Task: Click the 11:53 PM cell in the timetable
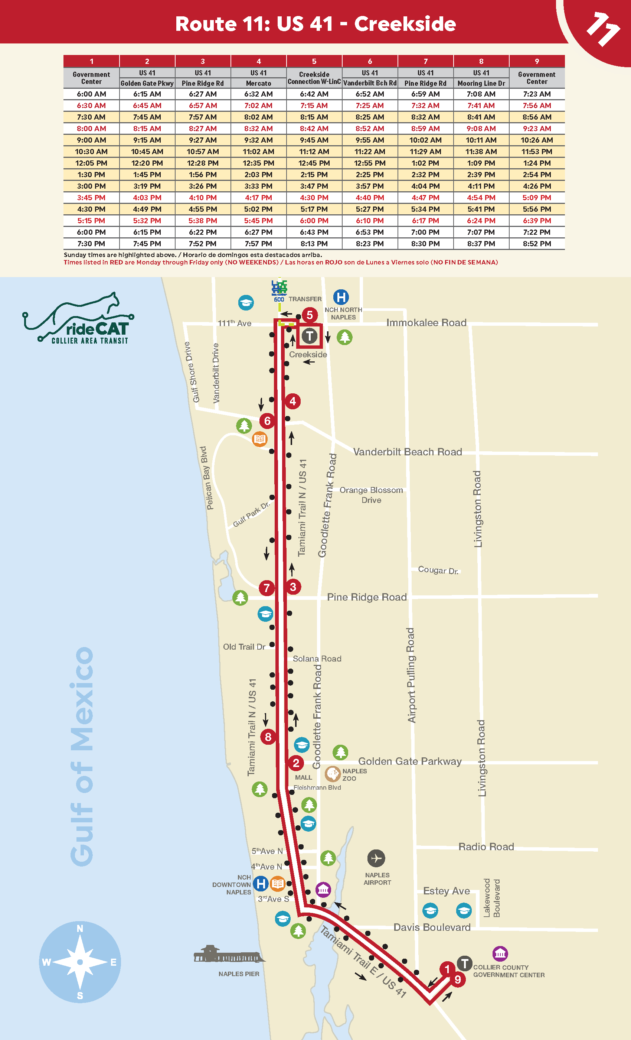(x=536, y=152)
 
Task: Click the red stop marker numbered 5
(x=310, y=315)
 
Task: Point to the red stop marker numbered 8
(x=268, y=737)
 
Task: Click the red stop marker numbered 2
(x=296, y=763)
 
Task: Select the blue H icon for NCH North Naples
(x=341, y=297)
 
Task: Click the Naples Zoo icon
(x=333, y=774)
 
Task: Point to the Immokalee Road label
(x=426, y=323)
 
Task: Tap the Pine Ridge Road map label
(x=367, y=597)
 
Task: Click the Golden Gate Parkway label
(x=409, y=761)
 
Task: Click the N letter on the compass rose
(x=80, y=929)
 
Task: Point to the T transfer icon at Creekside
(x=310, y=336)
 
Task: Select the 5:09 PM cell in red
(x=536, y=198)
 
